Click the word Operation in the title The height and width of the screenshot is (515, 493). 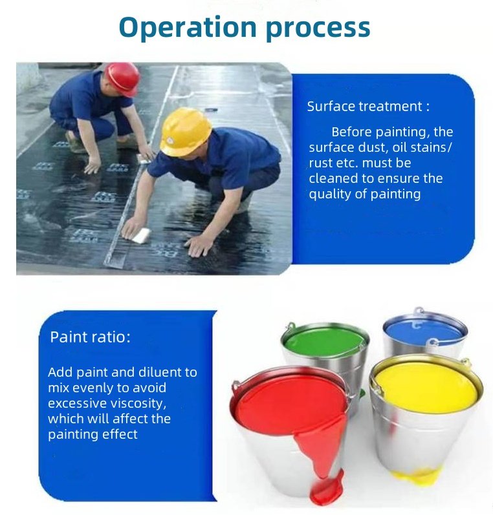click(x=188, y=28)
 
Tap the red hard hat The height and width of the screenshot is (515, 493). click(x=122, y=79)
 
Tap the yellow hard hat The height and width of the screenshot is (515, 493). click(x=185, y=132)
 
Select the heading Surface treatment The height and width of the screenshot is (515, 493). click(x=368, y=107)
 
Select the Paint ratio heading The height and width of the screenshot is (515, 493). click(x=90, y=337)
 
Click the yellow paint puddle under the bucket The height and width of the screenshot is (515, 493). click(x=415, y=476)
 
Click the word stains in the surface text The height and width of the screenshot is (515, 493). click(x=428, y=147)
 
